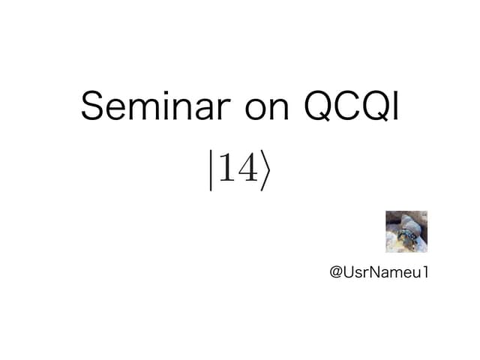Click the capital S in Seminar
pos(92,106)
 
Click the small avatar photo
pos(406,232)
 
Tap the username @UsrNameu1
pos(379,271)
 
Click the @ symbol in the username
pos(336,271)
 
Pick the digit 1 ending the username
pos(424,271)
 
